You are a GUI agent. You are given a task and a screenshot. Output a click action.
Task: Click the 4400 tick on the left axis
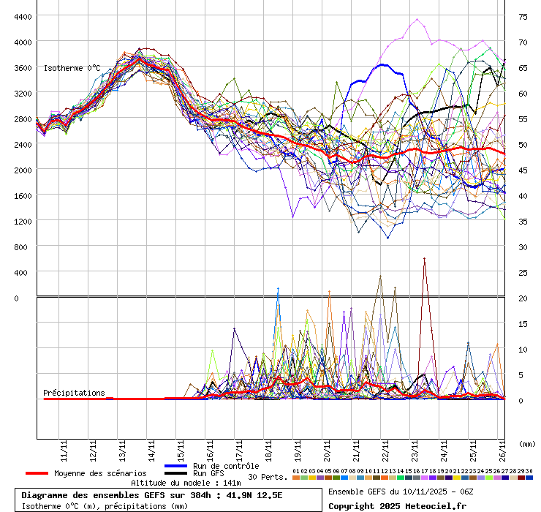point(22,16)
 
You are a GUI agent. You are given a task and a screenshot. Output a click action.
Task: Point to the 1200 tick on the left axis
point(22,220)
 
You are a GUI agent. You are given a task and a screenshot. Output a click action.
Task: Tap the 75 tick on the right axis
point(523,16)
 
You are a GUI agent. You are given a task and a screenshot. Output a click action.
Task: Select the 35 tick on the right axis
point(523,221)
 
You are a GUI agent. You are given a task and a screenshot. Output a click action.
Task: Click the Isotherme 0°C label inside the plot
point(72,68)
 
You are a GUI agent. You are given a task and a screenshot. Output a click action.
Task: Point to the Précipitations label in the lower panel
point(74,393)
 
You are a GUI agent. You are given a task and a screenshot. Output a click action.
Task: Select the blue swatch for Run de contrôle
point(176,466)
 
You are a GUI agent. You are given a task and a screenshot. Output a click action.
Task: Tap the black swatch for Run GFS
point(176,473)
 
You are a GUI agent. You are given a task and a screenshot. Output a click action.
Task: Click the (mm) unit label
point(526,444)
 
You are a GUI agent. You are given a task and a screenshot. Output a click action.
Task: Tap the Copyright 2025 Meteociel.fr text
point(397,505)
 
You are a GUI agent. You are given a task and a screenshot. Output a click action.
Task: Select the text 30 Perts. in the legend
point(267,477)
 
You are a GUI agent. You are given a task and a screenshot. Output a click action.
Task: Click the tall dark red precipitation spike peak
point(424,258)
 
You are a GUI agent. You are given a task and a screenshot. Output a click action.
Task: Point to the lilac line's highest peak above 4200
point(417,19)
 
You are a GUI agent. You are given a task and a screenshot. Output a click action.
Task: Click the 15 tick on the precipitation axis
point(523,323)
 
